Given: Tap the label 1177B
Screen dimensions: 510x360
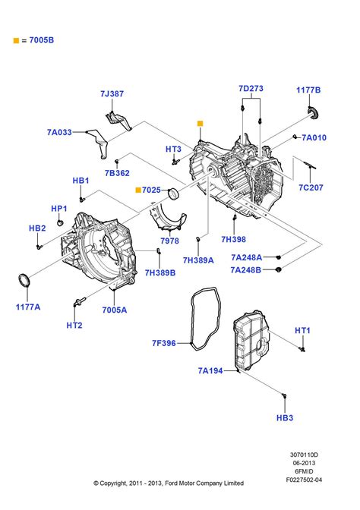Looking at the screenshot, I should (308, 90).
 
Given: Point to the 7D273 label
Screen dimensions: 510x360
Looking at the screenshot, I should (251, 89).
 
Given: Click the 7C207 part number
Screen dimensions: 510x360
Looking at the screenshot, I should (311, 186).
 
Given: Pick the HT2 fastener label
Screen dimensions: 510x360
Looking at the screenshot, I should (74, 325).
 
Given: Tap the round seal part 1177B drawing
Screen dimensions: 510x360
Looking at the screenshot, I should (310, 115).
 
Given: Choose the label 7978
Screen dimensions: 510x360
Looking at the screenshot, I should (169, 241).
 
